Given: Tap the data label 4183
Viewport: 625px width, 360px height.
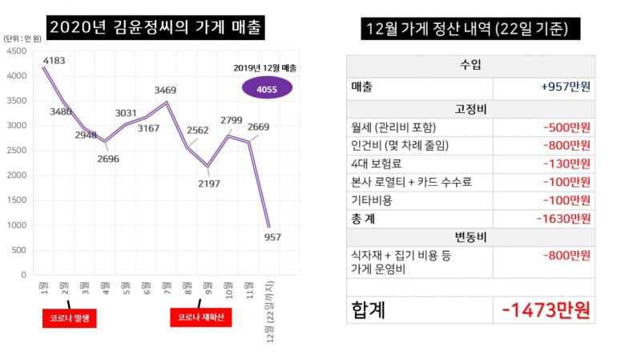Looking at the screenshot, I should coord(54,60).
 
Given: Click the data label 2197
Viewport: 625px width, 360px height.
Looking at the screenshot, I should coord(209,184).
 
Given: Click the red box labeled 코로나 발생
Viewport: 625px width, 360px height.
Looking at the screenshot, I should coord(69,318).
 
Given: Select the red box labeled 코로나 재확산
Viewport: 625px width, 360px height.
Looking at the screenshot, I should coord(197,318).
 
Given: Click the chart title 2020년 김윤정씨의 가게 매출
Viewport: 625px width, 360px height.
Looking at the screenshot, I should coord(155,27).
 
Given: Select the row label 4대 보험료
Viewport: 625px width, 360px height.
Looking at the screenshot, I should coord(382,164).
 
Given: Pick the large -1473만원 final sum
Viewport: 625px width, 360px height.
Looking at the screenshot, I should coord(546,309).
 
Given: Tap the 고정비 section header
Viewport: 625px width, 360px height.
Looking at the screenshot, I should coord(470,108).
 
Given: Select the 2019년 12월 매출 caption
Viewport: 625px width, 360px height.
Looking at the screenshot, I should coord(264,67).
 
